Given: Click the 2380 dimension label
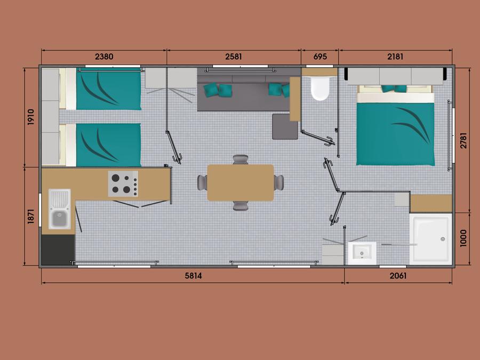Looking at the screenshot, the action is click(104, 57).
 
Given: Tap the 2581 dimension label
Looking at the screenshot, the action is click(234, 57).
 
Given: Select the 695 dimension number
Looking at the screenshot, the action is click(320, 57).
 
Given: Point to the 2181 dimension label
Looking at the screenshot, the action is click(395, 57).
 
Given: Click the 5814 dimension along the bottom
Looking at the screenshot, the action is click(193, 276).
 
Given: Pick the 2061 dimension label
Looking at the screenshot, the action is click(398, 276).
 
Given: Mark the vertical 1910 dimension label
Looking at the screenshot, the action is click(31, 117).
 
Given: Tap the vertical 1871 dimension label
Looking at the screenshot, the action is click(31, 216).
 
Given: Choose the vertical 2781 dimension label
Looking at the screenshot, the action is click(464, 140).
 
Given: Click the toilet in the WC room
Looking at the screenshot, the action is click(319, 88).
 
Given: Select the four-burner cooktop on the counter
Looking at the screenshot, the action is click(123, 183).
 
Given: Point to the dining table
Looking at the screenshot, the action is click(241, 183).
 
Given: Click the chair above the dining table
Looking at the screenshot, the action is click(241, 159).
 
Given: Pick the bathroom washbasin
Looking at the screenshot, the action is click(362, 253).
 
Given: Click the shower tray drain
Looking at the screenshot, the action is click(443, 239).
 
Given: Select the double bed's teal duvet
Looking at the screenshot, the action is click(396, 134).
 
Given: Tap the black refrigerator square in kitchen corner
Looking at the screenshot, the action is click(58, 250).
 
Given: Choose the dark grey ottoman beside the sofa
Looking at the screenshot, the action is click(285, 127).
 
